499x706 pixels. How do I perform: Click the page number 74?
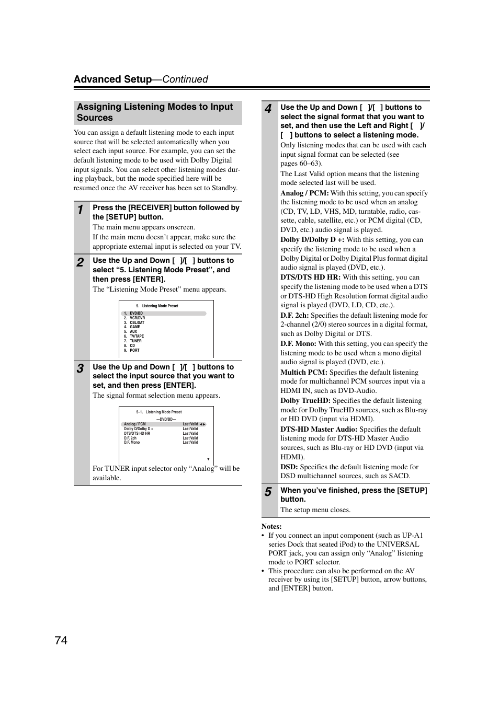click(x=61, y=640)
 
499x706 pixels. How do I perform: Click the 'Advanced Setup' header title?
click(x=112, y=79)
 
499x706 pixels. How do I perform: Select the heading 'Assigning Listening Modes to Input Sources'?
click(x=155, y=112)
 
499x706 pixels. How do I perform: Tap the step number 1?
click(x=80, y=210)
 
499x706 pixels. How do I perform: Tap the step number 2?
click(x=80, y=263)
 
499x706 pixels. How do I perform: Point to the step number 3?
click(x=80, y=369)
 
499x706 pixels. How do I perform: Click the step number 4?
click(x=268, y=109)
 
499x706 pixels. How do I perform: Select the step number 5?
click(x=268, y=492)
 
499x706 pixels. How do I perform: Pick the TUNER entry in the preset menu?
click(x=135, y=341)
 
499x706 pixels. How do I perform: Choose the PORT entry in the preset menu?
click(x=134, y=350)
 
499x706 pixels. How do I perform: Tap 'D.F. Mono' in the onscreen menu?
click(x=132, y=443)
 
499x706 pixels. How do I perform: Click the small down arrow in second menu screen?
click(x=208, y=459)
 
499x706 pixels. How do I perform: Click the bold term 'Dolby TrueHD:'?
click(x=305, y=401)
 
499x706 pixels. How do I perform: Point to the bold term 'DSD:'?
click(x=289, y=467)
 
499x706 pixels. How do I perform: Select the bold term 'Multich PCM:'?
click(x=303, y=373)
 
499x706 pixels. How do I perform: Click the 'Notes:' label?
click(x=271, y=527)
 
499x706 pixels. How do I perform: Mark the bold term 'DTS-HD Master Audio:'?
click(x=319, y=430)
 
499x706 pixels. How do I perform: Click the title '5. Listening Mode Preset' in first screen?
click(x=157, y=306)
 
